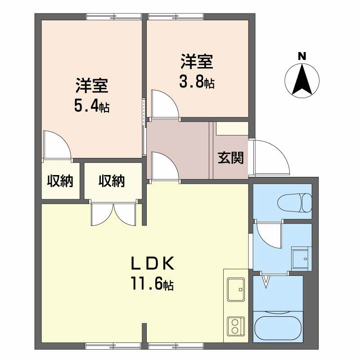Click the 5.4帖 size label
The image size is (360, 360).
92,107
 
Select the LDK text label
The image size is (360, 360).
152,264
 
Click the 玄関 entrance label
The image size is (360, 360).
230,158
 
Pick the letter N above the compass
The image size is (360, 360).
302,56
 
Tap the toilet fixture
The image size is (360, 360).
295,203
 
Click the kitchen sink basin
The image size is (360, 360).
236,289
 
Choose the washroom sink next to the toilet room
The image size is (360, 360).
301,258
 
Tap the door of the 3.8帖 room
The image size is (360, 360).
165,104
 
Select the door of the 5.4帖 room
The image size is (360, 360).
58,144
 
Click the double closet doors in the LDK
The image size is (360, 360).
113,214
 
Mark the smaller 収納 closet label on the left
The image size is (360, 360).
60,181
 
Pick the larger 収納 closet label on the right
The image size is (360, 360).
112,181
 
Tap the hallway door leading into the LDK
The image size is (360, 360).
165,166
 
